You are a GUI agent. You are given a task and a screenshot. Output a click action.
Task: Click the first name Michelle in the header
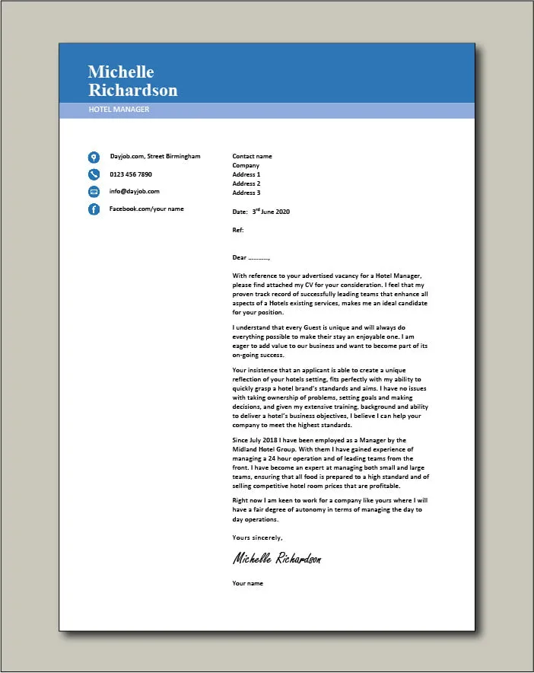click(121, 72)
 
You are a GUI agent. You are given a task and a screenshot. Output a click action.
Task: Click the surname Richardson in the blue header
click(132, 90)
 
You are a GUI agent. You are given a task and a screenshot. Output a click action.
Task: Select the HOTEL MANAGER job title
click(119, 110)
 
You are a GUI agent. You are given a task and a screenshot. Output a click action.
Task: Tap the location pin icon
click(94, 158)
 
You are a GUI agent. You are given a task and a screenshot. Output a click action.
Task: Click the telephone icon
click(94, 174)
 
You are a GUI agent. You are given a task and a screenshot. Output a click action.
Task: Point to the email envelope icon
click(94, 192)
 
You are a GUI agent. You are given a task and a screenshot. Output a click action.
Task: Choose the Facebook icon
click(94, 209)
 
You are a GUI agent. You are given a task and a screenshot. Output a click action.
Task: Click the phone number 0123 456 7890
click(131, 174)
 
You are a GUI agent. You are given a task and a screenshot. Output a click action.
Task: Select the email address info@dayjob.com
click(134, 191)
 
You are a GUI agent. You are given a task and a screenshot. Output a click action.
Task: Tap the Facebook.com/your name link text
click(146, 209)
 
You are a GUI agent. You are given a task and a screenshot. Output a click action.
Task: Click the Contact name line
click(252, 156)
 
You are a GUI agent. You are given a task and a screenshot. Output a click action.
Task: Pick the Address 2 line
click(246, 183)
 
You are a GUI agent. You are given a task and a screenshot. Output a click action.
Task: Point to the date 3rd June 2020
click(271, 212)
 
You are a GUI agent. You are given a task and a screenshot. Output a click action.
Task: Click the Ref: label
click(238, 229)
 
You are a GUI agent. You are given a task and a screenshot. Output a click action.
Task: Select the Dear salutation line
click(251, 257)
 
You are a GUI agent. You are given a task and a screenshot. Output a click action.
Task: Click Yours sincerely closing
click(257, 537)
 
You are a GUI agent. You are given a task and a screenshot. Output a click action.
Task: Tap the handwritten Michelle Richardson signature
click(277, 559)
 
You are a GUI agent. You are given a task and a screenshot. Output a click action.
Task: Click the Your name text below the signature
click(248, 583)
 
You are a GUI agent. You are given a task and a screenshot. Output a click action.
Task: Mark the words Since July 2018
click(256, 440)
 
